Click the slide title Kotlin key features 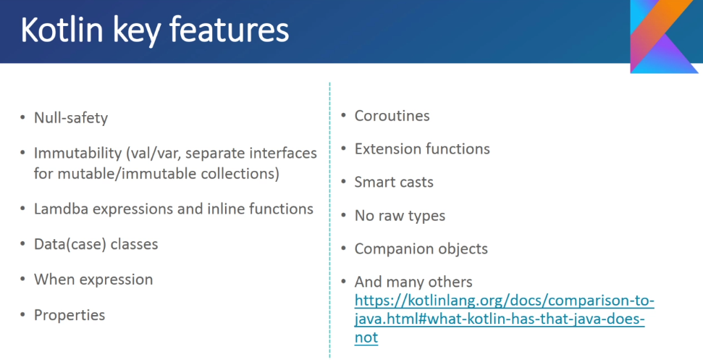(155, 30)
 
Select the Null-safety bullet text (71, 118)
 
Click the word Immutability (78, 154)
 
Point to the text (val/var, (153, 154)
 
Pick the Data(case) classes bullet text (96, 244)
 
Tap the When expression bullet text (93, 280)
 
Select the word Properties (70, 315)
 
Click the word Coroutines (392, 116)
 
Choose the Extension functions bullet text (422, 148)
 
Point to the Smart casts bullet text (394, 182)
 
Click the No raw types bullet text (400, 216)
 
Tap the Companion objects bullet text (421, 249)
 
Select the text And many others (413, 282)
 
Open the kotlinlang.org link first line (505, 301)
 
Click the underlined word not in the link (366, 337)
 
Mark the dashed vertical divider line (329, 220)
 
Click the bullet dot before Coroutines (344, 116)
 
